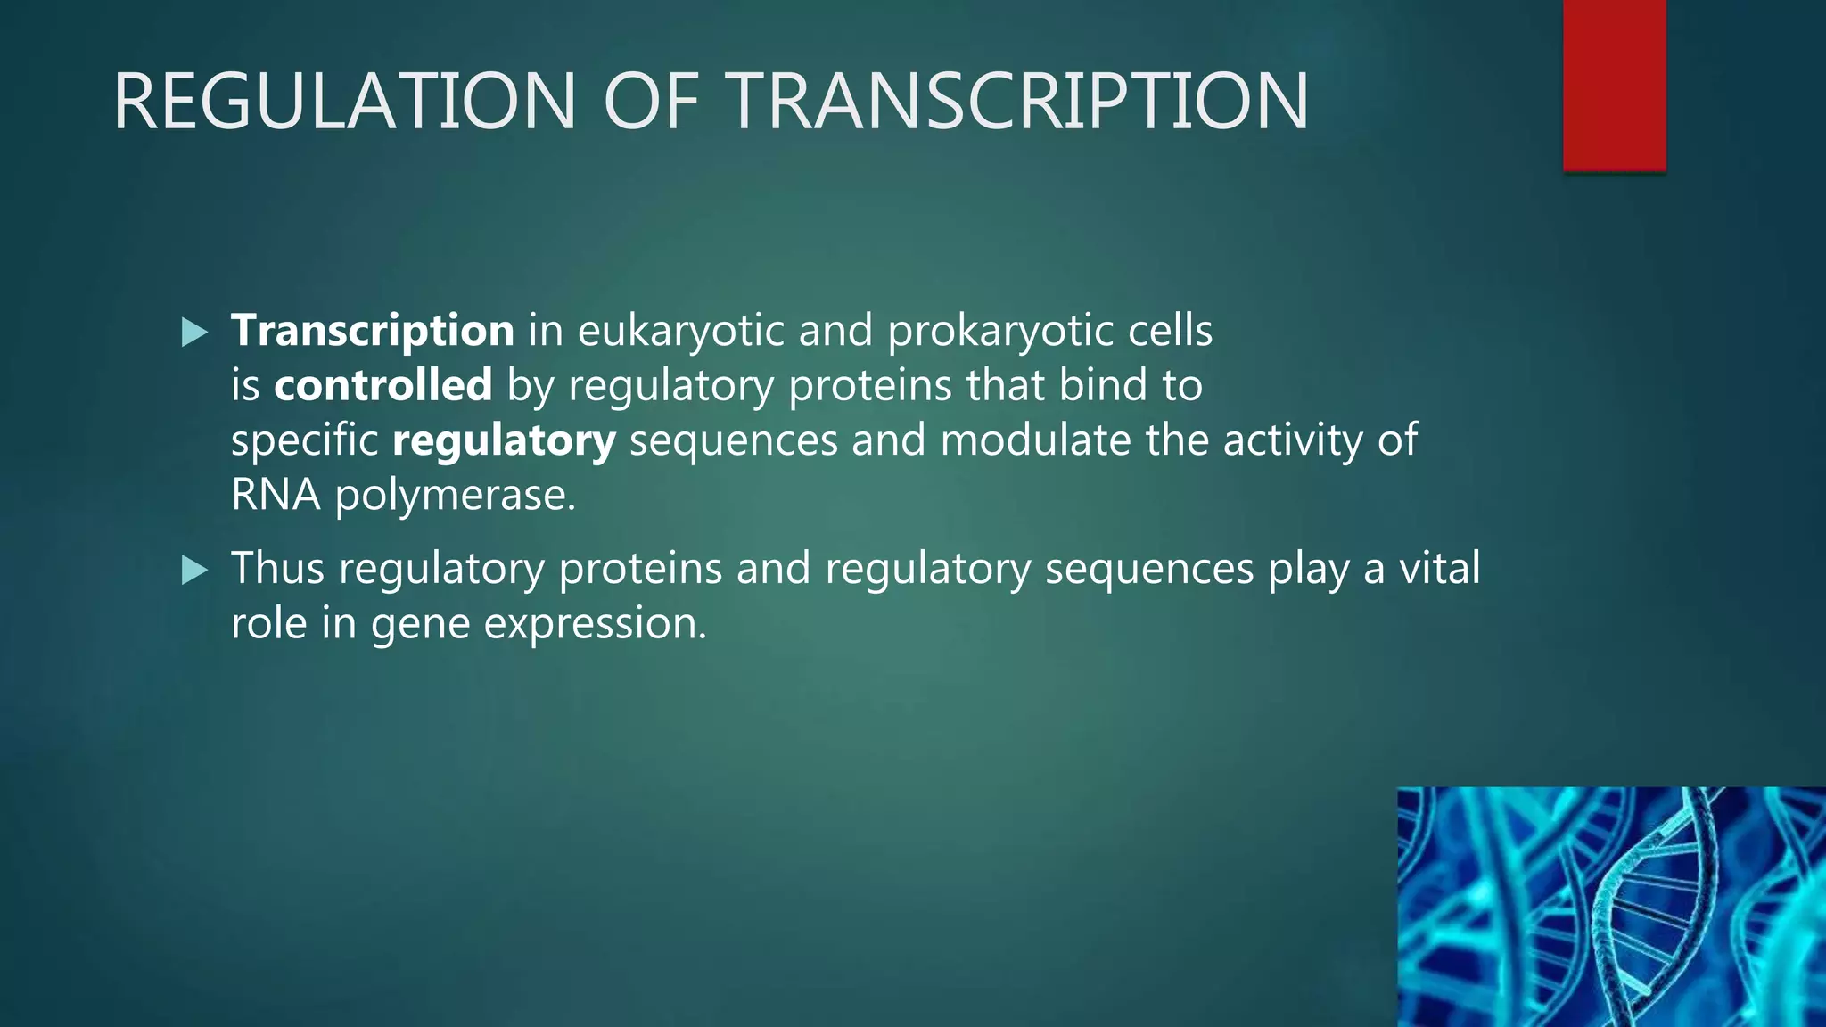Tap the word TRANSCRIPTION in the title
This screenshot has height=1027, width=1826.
[1020, 102]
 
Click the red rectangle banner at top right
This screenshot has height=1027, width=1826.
[1614, 85]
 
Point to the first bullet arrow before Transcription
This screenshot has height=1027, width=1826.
[194, 333]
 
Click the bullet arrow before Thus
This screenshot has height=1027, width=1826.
[194, 570]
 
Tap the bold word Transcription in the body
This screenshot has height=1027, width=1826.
[372, 331]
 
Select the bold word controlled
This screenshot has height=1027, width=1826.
[382, 385]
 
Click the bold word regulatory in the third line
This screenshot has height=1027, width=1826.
[504, 440]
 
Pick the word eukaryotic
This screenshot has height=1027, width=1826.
[680, 331]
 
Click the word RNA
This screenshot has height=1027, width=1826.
[276, 495]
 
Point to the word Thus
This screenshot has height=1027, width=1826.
[277, 568]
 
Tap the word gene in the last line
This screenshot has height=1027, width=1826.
[420, 624]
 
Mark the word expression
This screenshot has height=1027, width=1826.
[595, 624]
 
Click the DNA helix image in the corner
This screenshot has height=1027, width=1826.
[1610, 907]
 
